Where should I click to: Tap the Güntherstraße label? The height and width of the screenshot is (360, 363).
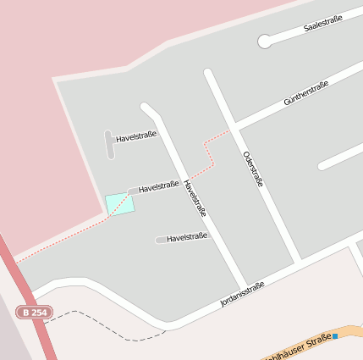tap(306, 92)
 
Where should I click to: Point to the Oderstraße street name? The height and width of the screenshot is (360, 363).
tap(253, 169)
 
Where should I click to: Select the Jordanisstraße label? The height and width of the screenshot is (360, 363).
tap(242, 293)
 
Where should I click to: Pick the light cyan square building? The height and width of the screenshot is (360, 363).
tap(119, 204)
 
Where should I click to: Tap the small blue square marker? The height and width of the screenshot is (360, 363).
tap(335, 336)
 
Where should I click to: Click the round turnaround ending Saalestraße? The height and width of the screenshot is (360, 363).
tap(265, 40)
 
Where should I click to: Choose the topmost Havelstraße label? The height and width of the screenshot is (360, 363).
tap(136, 135)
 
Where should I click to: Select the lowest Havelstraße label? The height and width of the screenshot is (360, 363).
tap(187, 238)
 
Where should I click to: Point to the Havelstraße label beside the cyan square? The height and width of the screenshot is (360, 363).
tap(158, 186)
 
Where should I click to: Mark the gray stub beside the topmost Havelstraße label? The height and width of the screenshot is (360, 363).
tap(109, 143)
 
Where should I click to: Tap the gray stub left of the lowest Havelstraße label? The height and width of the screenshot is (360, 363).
tap(160, 240)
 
